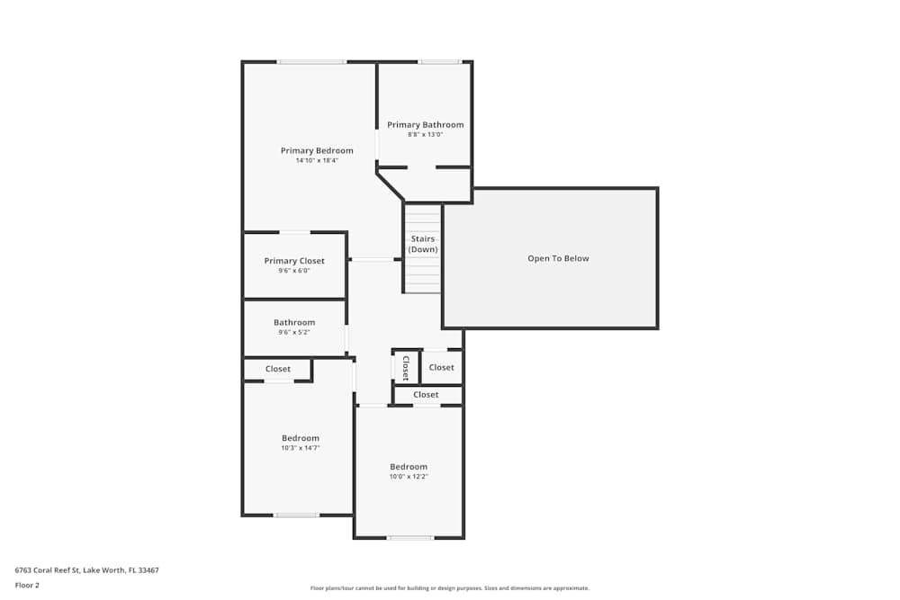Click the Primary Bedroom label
[x=317, y=150]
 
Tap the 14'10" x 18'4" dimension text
[x=317, y=160]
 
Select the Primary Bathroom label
[x=426, y=125]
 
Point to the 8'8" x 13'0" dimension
[x=426, y=135]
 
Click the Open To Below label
[x=558, y=258]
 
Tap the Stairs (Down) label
[x=423, y=244]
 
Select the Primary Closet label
[x=294, y=261]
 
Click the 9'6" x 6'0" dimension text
[x=294, y=271]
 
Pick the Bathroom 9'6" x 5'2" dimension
[x=294, y=332]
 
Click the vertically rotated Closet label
[x=406, y=368]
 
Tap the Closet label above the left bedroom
[x=278, y=369]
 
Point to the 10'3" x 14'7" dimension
[x=301, y=448]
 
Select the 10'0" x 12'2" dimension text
[x=409, y=477]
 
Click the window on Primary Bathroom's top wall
[x=439, y=62]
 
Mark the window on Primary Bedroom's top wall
[x=311, y=62]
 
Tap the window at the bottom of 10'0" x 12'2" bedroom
[x=410, y=538]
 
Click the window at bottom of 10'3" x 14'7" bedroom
[x=296, y=515]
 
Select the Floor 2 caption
[x=28, y=585]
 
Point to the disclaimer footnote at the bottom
[x=450, y=588]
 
